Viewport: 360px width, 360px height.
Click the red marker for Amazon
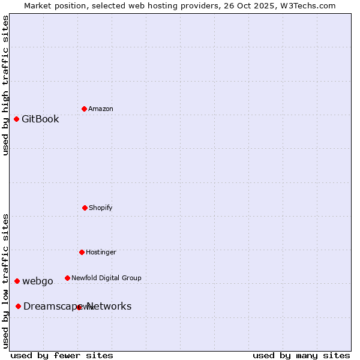click(x=84, y=109)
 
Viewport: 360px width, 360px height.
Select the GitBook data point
click(x=16, y=119)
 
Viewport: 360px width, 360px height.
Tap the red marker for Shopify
click(x=85, y=208)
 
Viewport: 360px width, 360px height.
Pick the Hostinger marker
click(x=82, y=252)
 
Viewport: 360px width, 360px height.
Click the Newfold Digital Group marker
click(x=67, y=278)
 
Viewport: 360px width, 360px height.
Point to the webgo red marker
click(x=17, y=281)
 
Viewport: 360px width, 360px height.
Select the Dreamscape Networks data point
click(x=18, y=306)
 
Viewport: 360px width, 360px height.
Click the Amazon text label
click(x=101, y=109)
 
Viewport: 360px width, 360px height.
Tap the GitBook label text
click(x=40, y=119)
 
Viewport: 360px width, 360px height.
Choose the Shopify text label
click(x=101, y=208)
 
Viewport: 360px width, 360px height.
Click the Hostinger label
click(x=101, y=253)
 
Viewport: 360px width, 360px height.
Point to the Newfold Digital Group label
click(x=106, y=278)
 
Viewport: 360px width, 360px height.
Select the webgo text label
click(x=38, y=281)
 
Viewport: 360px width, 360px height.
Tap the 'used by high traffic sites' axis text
click(x=6, y=85)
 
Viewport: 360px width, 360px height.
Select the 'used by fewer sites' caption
click(x=62, y=355)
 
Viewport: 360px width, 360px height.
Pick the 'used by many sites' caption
click(x=301, y=355)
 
